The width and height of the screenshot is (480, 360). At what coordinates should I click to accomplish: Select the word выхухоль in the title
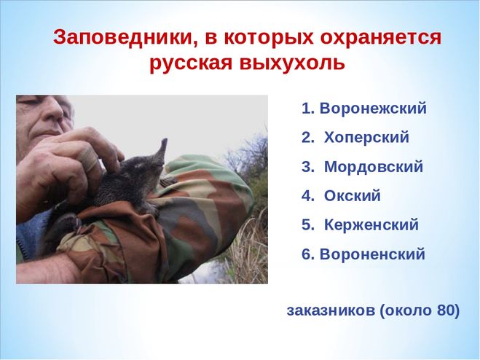[292, 64]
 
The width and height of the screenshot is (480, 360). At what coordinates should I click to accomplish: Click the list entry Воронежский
[373, 109]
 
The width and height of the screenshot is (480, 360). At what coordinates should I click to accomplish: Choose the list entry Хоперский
[366, 137]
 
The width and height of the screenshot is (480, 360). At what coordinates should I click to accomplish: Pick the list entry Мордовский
[374, 167]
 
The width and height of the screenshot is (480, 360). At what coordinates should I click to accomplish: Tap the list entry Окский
[352, 196]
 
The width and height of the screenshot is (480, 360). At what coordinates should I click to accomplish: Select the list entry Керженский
[371, 225]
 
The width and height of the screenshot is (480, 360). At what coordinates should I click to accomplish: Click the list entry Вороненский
[372, 254]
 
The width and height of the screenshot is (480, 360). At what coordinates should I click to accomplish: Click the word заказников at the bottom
[331, 311]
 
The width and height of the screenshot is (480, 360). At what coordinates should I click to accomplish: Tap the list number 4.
[306, 196]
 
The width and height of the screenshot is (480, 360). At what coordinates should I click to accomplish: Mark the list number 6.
[306, 254]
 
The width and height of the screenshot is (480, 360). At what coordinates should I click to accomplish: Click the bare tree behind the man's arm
[245, 153]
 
